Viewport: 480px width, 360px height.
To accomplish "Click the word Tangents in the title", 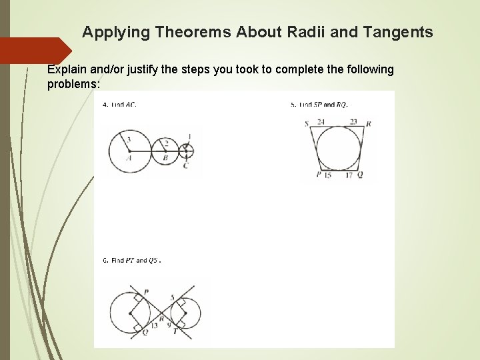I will point(402,32).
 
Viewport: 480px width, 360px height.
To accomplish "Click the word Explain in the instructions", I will point(67,69).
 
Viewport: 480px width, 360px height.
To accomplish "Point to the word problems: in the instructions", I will point(73,85).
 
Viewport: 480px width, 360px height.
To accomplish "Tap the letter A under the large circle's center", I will point(129,158).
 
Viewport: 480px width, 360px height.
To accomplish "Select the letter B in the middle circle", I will point(165,158).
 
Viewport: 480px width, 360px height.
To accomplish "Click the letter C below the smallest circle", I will point(185,165).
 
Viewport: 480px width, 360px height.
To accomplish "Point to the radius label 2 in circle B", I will point(166,143).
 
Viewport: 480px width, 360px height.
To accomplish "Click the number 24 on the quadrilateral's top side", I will point(321,122).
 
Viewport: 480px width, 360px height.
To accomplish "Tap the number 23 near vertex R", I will point(353,122).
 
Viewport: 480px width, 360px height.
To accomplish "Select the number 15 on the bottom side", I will point(327,175).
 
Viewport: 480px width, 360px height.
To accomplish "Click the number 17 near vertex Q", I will point(349,175).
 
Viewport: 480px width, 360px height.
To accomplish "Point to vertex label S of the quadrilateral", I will point(306,123).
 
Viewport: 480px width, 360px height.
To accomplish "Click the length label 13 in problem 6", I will point(154,325).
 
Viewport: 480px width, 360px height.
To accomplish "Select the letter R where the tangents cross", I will point(161,319).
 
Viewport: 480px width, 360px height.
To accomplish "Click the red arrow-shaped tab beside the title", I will point(35,51).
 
